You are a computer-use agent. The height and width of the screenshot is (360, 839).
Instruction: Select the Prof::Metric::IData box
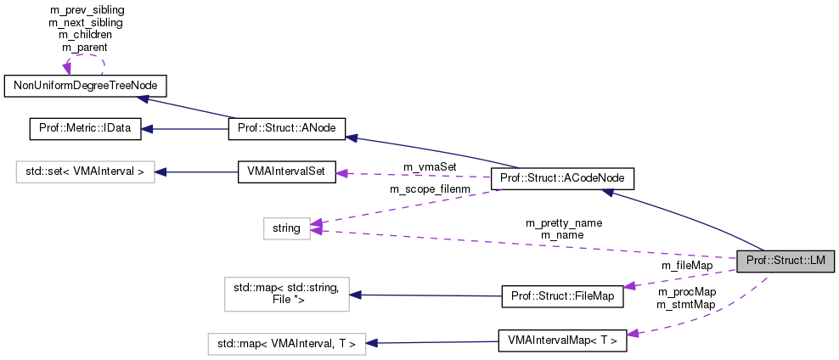coord(85,129)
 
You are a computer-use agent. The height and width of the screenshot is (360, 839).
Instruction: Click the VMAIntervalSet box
coord(286,172)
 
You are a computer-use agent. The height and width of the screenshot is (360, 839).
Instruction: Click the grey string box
coord(286,228)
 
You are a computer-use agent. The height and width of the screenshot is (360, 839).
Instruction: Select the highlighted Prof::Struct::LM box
coord(786,262)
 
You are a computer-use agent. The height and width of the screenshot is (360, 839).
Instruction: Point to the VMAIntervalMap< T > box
coord(562,340)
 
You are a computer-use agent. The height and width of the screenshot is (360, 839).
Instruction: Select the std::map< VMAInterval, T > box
coord(286,344)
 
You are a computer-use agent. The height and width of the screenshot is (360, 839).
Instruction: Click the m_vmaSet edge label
coord(430,166)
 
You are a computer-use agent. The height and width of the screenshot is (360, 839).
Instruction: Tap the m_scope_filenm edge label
coord(429,188)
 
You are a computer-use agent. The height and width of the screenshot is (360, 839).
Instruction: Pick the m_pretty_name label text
coord(565,222)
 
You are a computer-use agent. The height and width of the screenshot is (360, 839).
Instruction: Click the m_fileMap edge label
coord(687,265)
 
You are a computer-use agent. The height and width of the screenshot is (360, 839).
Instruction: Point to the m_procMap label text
coord(685,292)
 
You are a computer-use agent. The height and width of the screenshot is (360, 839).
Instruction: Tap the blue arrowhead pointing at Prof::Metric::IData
coord(147,129)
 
